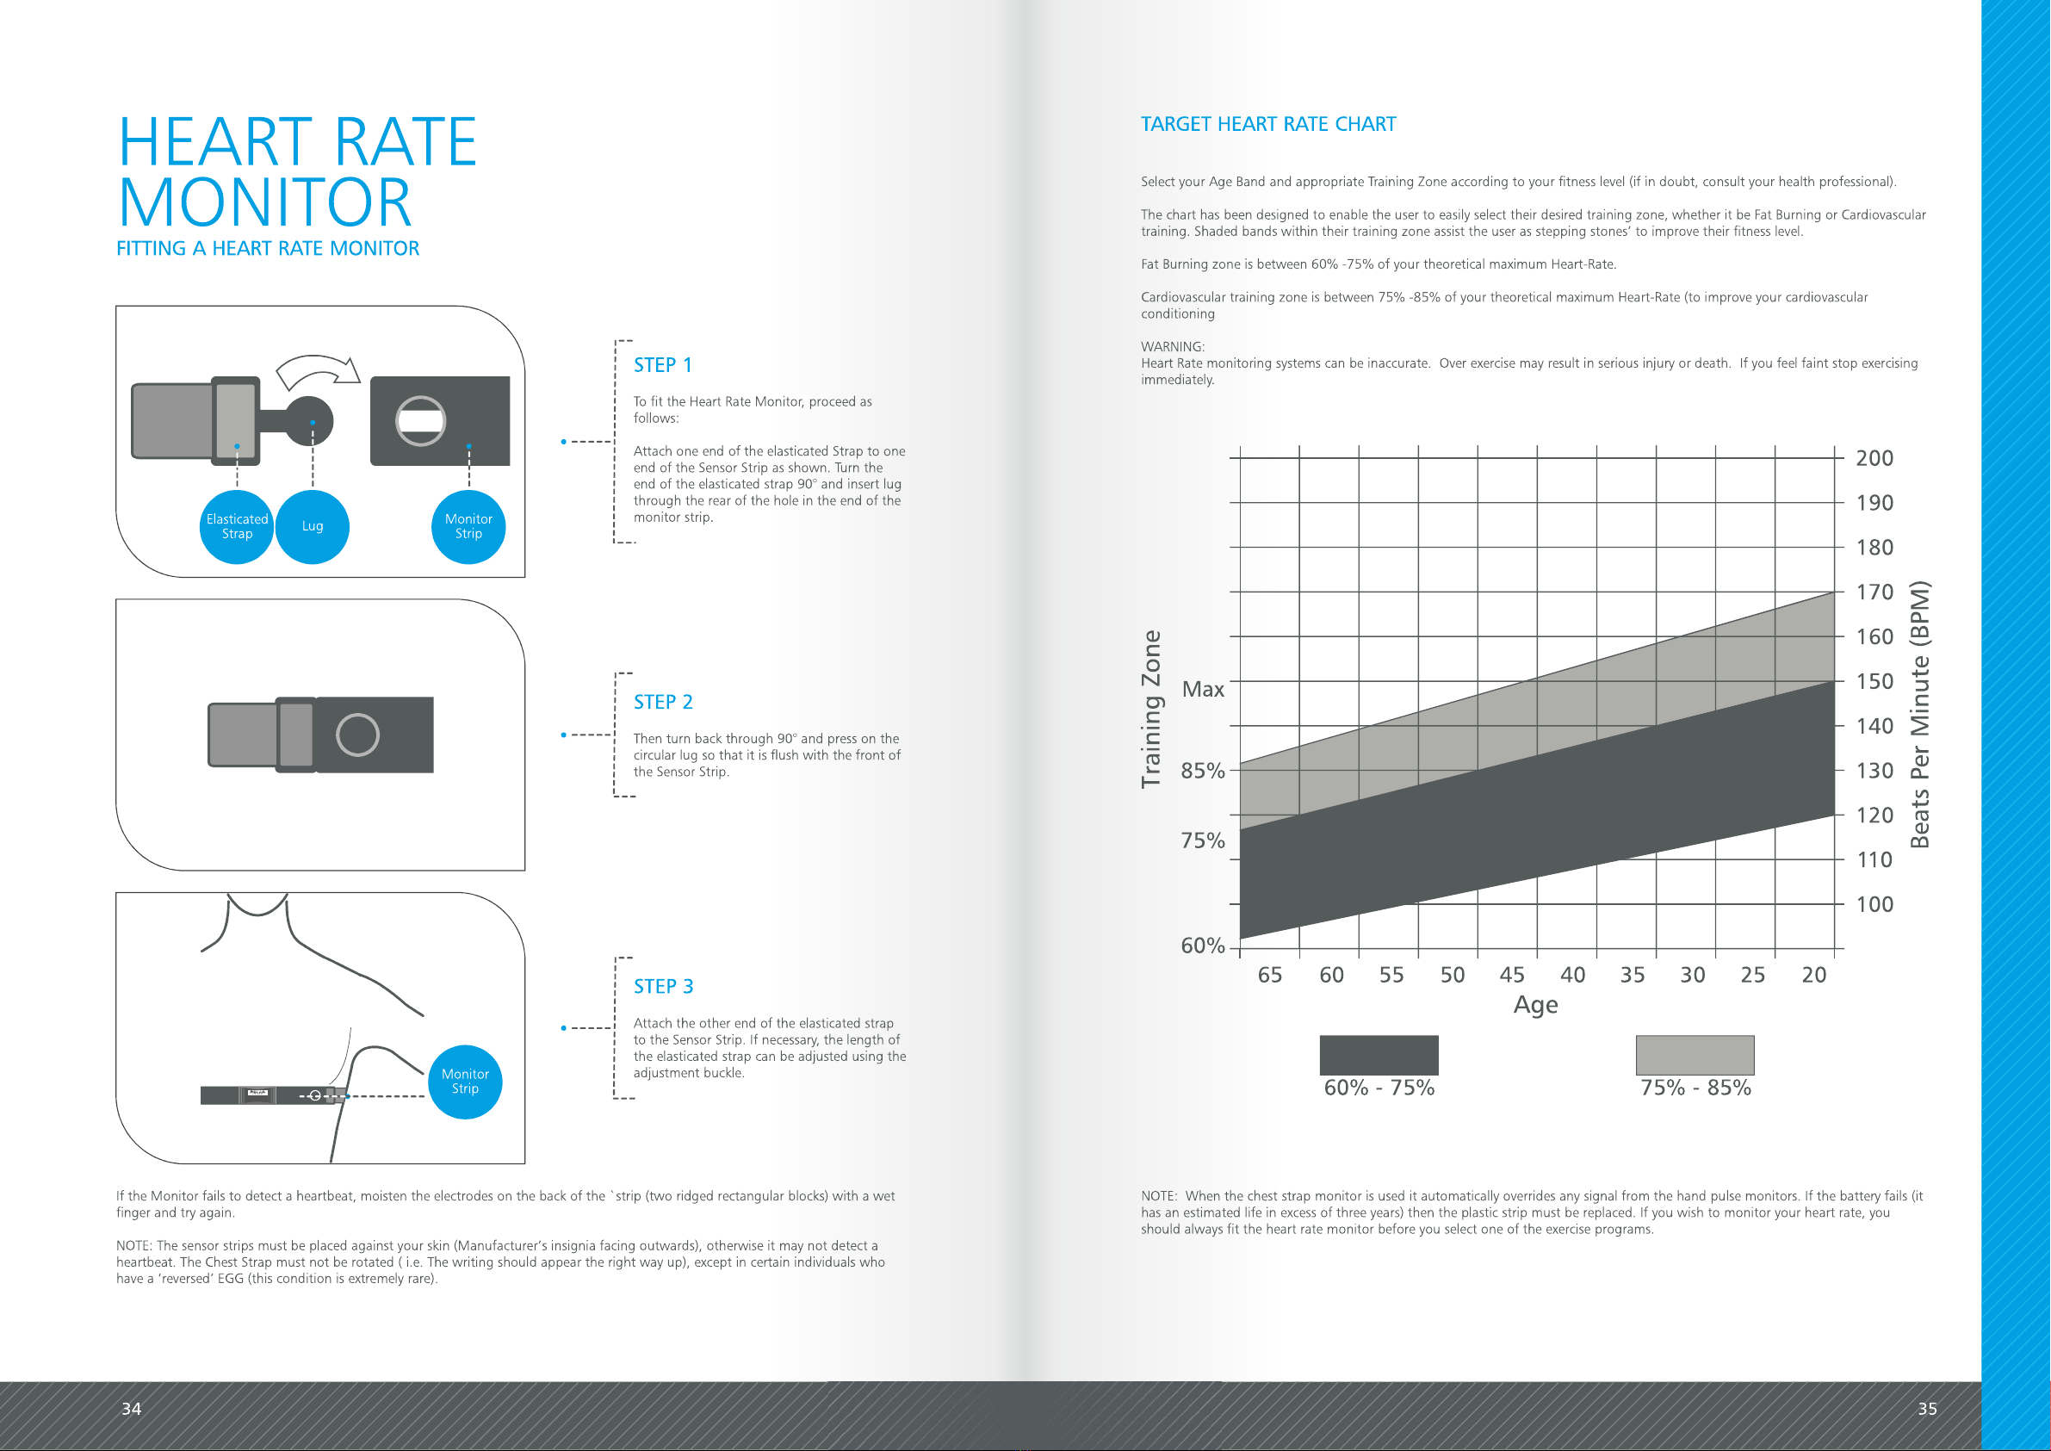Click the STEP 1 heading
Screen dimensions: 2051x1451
click(663, 365)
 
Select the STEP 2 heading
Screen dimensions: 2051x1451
click(663, 703)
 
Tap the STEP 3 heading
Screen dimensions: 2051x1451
click(663, 986)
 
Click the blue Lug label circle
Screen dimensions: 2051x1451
click(313, 527)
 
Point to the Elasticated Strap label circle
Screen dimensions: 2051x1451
click(237, 527)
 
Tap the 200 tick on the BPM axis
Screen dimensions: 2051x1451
click(1874, 458)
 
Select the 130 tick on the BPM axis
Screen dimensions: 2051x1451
click(1874, 771)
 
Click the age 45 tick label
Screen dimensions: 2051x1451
click(1511, 975)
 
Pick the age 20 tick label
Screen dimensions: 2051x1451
click(1813, 975)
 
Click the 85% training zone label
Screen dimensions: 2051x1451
click(1202, 770)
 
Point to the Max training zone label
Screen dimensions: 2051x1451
click(1202, 689)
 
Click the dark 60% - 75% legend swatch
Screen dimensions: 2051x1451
click(1379, 1055)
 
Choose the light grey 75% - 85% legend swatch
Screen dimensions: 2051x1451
click(1695, 1055)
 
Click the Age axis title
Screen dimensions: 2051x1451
click(1535, 1005)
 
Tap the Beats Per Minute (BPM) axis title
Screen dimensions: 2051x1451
click(1919, 714)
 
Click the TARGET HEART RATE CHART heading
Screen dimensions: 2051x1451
click(1267, 124)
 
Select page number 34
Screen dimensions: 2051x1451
click(132, 1409)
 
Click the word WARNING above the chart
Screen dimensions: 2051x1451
click(1172, 347)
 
